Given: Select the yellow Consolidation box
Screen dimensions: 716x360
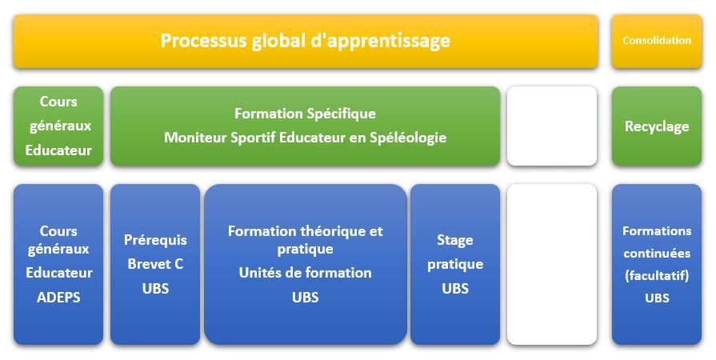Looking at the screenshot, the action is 657,41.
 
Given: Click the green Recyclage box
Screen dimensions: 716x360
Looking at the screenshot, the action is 657,126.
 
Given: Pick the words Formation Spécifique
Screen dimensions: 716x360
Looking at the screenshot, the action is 305,114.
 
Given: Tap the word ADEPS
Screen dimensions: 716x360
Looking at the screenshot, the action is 58,298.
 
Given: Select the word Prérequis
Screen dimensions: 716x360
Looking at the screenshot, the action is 155,240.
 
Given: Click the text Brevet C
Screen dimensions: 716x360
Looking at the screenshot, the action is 155,264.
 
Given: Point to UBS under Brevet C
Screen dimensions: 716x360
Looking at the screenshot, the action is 155,289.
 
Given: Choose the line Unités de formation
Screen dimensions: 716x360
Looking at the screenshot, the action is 305,273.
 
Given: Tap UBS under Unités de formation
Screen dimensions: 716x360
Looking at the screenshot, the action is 305,298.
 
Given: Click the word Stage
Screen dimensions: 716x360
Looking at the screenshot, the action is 455,241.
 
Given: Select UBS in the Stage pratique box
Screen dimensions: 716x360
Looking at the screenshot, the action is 455,289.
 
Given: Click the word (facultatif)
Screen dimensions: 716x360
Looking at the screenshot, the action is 657,276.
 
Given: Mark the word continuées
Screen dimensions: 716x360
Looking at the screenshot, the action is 657,253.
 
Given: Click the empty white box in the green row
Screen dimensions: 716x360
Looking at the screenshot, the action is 552,126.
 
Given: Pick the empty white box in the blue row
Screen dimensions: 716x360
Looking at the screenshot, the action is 552,265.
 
